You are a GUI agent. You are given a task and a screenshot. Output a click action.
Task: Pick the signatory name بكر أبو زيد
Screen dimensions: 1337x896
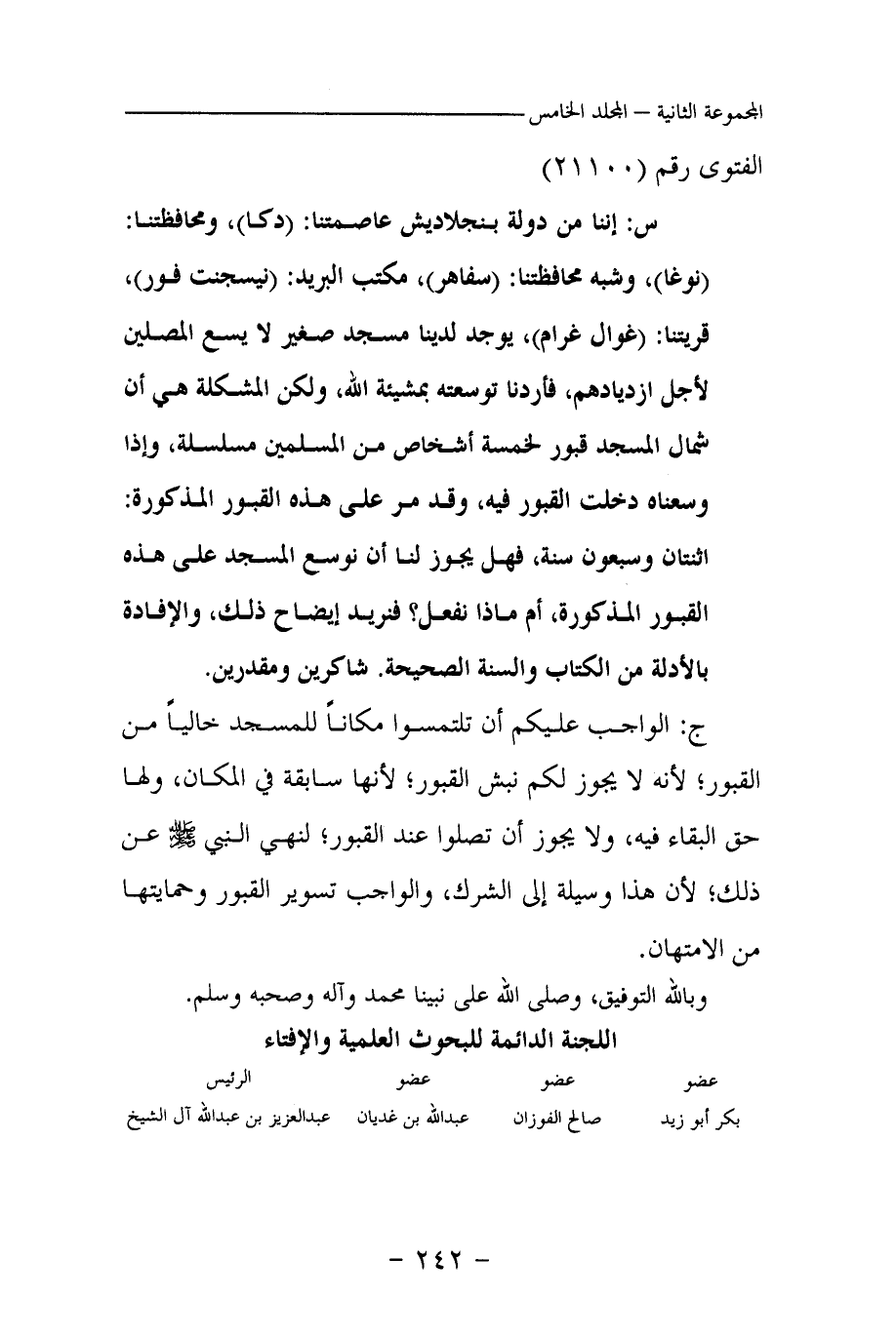699,1119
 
